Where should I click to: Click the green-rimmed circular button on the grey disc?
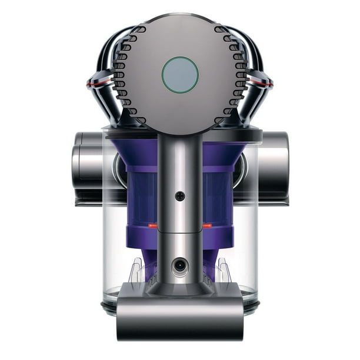point(180,75)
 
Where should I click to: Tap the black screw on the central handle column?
point(180,196)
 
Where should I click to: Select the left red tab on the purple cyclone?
point(152,226)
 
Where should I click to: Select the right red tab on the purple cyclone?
point(208,226)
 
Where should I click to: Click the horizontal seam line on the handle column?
point(180,231)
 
